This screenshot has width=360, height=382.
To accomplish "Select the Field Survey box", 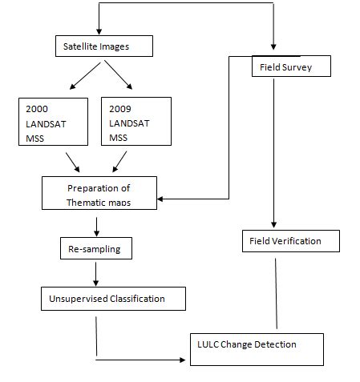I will point(291,67).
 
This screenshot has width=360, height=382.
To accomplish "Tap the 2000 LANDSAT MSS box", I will point(54,122).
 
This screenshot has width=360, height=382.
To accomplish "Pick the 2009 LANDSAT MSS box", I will point(136,121).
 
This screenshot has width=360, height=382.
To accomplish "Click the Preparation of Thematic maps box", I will point(111,195).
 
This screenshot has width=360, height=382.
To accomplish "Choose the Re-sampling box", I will point(96,248).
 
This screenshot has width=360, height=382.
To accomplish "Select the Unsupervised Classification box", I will point(113,299).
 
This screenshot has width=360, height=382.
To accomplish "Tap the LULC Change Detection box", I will point(256,349).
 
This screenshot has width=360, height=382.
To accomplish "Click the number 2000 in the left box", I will point(38,107).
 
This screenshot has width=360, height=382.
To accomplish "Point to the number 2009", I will point(118,107).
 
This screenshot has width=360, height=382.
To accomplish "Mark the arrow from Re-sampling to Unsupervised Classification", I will point(96,274).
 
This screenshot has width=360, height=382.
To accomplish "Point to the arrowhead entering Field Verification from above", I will point(275,226).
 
